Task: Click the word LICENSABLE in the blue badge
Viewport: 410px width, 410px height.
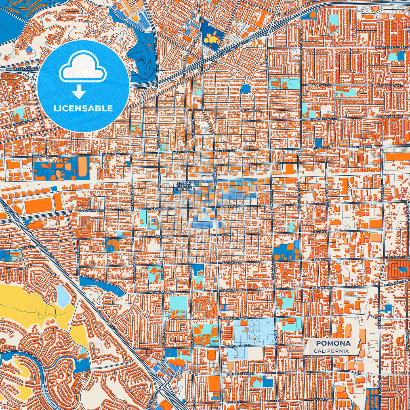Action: [83, 108]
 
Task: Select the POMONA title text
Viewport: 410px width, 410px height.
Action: [333, 343]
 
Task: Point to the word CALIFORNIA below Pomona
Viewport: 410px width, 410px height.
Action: [331, 351]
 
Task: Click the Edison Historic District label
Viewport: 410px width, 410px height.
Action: [184, 186]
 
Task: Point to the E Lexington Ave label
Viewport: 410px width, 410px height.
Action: [237, 346]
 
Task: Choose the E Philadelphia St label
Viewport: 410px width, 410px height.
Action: [240, 374]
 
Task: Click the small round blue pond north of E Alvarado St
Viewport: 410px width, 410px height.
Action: [245, 89]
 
